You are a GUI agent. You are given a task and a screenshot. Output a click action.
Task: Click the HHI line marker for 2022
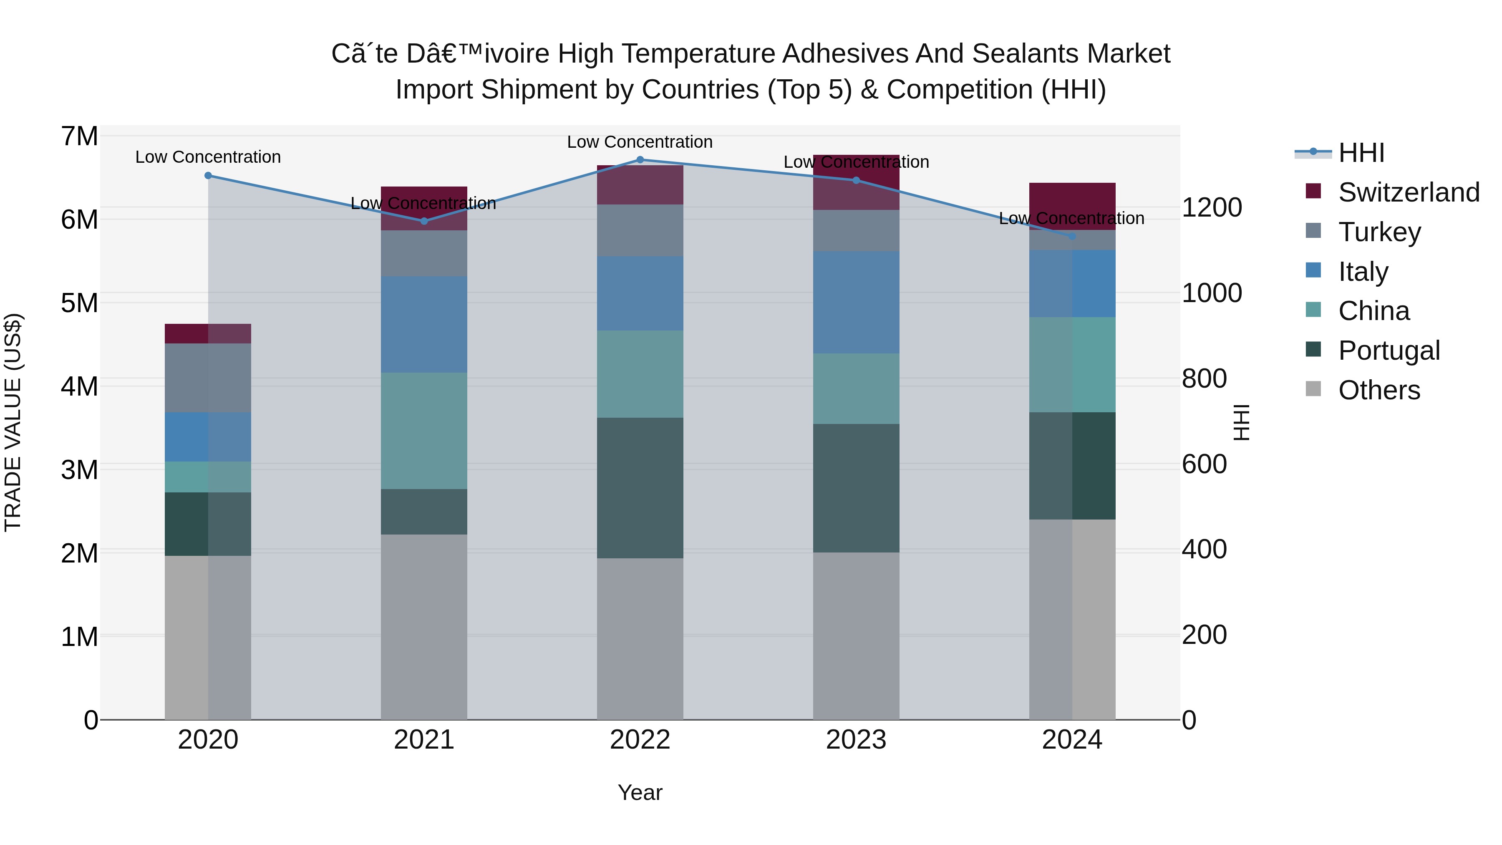coord(640,160)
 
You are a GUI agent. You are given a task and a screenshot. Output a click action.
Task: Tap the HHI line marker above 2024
coord(1072,236)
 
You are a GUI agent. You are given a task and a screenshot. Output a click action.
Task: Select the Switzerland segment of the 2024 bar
coord(1072,206)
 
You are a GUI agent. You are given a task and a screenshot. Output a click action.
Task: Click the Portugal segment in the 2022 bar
coord(640,487)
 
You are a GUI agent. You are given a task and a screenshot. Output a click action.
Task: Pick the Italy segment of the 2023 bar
coord(856,302)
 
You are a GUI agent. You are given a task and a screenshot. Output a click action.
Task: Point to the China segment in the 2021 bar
coord(424,430)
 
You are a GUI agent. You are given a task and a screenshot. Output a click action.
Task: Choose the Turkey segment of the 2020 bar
coord(208,378)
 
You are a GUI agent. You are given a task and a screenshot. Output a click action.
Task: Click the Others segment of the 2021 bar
coord(424,627)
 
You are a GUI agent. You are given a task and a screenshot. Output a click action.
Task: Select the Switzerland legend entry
coord(1408,192)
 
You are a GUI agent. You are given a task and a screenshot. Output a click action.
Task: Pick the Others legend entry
coord(1379,390)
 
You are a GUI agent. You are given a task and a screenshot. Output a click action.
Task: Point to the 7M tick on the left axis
coord(79,136)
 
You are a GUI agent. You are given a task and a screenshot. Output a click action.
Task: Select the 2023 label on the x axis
coord(856,740)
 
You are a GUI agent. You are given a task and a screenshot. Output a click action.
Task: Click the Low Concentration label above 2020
coord(208,157)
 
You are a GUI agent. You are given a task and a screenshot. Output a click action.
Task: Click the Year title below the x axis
coord(640,792)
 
